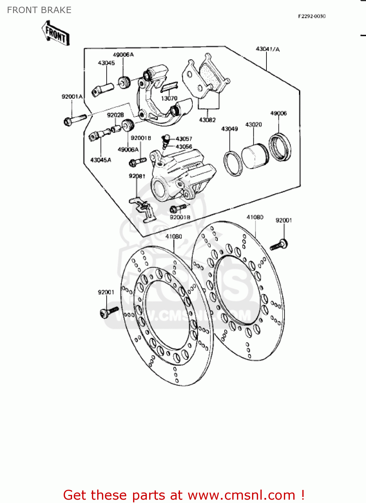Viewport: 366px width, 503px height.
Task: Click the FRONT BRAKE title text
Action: pos(39,10)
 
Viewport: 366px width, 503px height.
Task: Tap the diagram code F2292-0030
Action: pos(312,16)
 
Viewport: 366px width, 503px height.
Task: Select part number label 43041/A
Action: pos(267,49)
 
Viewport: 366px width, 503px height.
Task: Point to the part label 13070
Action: pos(169,98)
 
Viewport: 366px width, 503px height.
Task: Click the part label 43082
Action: pos(207,120)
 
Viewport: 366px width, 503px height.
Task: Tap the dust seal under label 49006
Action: pos(280,147)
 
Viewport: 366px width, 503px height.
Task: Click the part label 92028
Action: pos(115,115)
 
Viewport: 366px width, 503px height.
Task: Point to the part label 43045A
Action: pos(101,160)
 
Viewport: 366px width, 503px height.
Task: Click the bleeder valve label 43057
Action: pos(184,138)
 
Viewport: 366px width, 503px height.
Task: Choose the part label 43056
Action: pos(184,147)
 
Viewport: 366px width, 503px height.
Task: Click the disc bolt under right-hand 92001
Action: pos(279,245)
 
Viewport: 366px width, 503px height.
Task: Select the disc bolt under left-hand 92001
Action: pos(109,312)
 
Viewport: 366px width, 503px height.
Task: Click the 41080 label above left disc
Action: pos(174,236)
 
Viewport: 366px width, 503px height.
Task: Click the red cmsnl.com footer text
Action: pos(184,495)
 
